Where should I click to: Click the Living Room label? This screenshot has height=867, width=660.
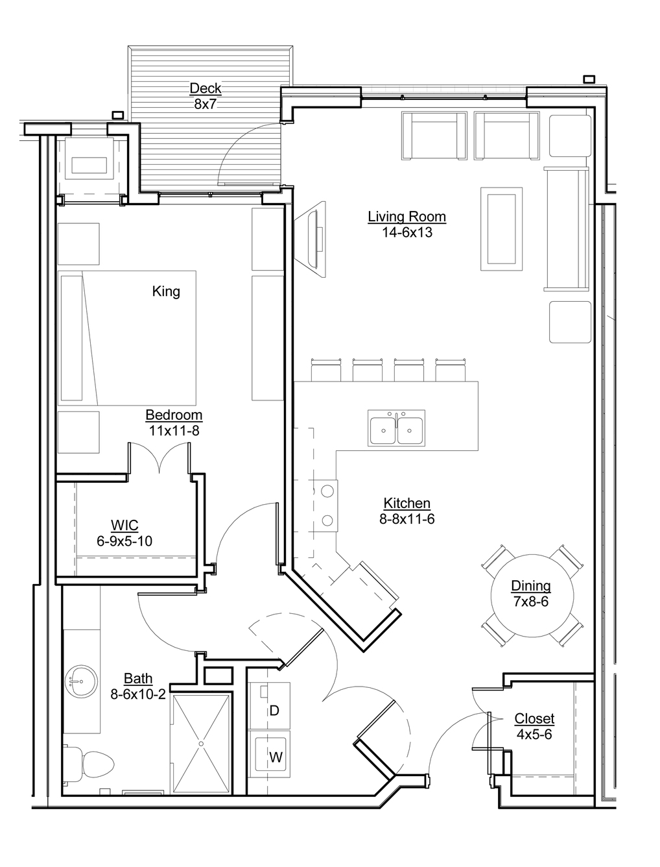pyautogui.click(x=407, y=217)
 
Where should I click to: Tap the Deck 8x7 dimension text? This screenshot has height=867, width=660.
pyautogui.click(x=205, y=104)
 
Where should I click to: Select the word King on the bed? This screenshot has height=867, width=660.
pyautogui.click(x=166, y=291)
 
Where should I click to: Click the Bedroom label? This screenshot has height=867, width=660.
pyautogui.click(x=174, y=415)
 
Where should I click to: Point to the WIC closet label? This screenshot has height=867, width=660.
pyautogui.click(x=124, y=525)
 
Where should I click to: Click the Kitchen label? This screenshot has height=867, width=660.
pyautogui.click(x=407, y=503)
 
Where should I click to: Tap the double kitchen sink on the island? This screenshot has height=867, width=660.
pyautogui.click(x=396, y=428)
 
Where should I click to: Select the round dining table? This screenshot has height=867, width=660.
pyautogui.click(x=531, y=594)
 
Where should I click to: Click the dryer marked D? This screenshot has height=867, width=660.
pyautogui.click(x=274, y=711)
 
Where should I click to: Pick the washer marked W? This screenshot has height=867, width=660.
pyautogui.click(x=275, y=757)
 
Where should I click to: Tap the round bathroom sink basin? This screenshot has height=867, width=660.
pyautogui.click(x=80, y=681)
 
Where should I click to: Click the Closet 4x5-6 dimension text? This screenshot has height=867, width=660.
pyautogui.click(x=534, y=735)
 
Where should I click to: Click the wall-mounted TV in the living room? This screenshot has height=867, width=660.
pyautogui.click(x=318, y=237)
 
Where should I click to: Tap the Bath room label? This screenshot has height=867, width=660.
pyautogui.click(x=138, y=678)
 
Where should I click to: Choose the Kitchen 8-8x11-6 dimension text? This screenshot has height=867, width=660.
pyautogui.click(x=407, y=519)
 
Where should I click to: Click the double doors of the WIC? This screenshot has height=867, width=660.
pyautogui.click(x=159, y=458)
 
